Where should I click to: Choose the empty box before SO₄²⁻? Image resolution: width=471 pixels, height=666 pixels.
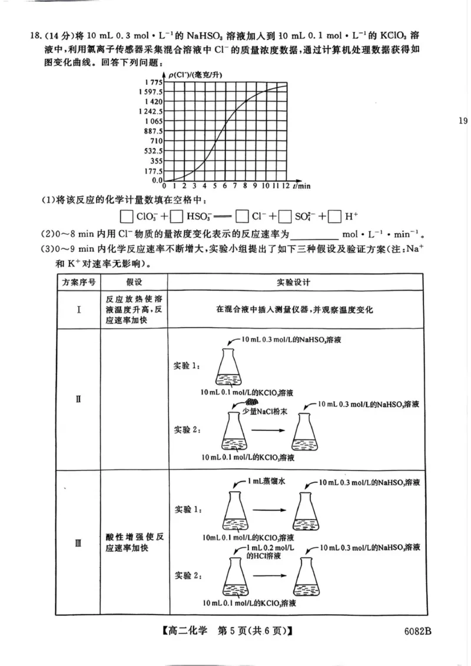(x=285, y=217)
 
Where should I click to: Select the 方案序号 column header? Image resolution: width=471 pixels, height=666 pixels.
(x=78, y=281)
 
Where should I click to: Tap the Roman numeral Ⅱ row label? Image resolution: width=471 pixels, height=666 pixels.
(x=78, y=399)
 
